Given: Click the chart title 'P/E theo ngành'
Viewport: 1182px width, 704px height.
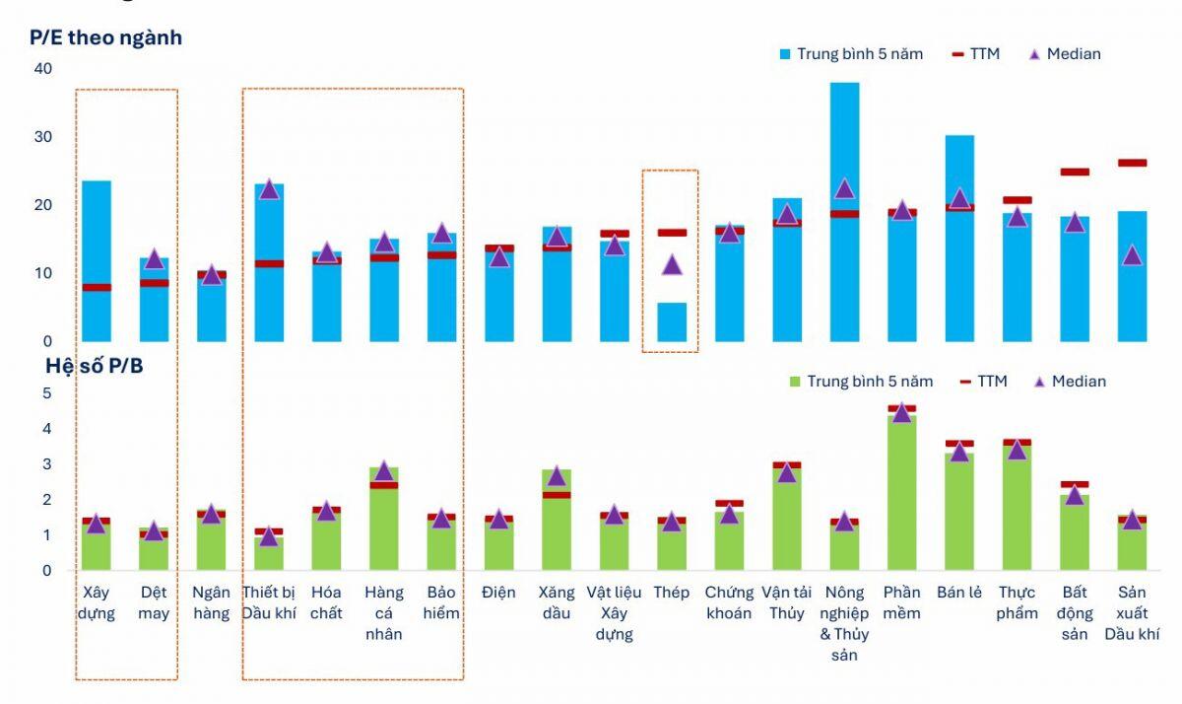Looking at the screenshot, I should click(x=106, y=37).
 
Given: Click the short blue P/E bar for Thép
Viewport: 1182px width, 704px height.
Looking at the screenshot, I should click(x=672, y=323).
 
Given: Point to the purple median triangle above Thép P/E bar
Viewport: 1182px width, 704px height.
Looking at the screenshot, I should click(x=672, y=264).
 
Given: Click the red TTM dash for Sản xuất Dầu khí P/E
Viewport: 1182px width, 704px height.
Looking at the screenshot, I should click(x=1132, y=163).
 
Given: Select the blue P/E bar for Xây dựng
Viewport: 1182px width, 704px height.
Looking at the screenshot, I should click(x=96, y=237).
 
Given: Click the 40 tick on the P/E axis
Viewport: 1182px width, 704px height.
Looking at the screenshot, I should click(x=42, y=69).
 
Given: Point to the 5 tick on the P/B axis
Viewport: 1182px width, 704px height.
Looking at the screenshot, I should click(x=46, y=393).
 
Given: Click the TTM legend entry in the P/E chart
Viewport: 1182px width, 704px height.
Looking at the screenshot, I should click(x=975, y=54).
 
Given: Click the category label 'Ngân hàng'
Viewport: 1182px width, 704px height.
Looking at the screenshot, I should click(x=212, y=602).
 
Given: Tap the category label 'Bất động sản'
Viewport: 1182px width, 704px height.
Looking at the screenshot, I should click(x=1075, y=613).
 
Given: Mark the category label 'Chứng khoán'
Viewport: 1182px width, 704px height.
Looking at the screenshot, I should click(x=729, y=602).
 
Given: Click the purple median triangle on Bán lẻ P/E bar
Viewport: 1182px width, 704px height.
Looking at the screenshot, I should click(x=959, y=199).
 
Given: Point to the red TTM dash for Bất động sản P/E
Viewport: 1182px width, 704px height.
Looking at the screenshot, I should click(x=1075, y=172).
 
